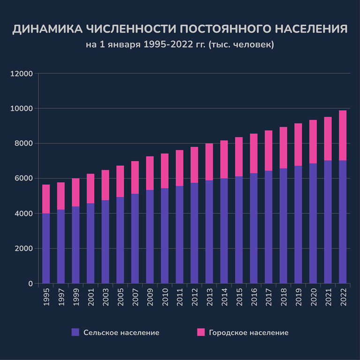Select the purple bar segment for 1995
click(x=46, y=248)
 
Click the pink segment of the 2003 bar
click(x=105, y=185)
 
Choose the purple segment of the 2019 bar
click(x=298, y=225)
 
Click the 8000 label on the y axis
click(x=23, y=143)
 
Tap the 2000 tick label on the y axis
click(x=23, y=248)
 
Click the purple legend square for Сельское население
click(x=75, y=332)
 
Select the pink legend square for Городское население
click(x=201, y=332)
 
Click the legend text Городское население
click(x=248, y=333)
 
